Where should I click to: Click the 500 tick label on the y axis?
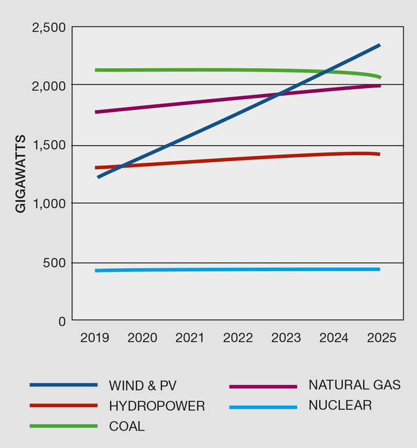coord(54,263)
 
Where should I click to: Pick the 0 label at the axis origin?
coord(61,321)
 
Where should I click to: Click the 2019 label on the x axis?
coord(95,338)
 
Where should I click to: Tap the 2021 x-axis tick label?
coord(190,338)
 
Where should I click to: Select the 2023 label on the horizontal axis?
coord(286,338)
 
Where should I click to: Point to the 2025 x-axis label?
coord(381,338)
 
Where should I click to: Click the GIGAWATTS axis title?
coord(21,174)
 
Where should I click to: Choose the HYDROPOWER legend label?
coord(157,406)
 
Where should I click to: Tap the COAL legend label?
coord(127,427)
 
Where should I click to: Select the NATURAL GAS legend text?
coord(354,385)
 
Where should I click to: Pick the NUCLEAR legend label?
coord(340,406)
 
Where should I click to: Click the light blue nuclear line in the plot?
coord(232,269)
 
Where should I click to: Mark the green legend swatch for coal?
coord(63,427)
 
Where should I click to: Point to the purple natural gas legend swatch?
coord(263,386)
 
